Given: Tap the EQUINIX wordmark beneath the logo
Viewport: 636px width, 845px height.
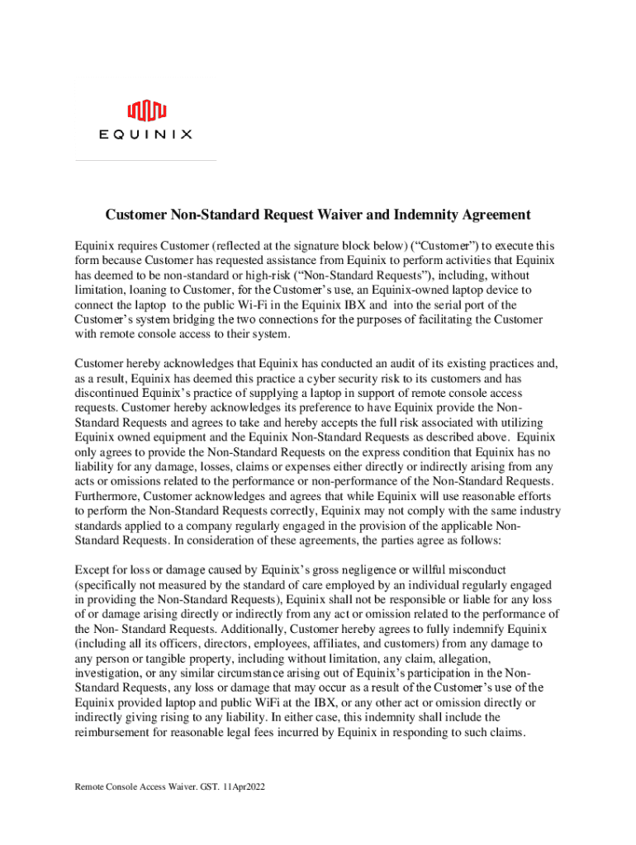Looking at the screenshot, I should point(146,135).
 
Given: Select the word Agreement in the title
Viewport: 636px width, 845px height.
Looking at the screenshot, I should point(489,215).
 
